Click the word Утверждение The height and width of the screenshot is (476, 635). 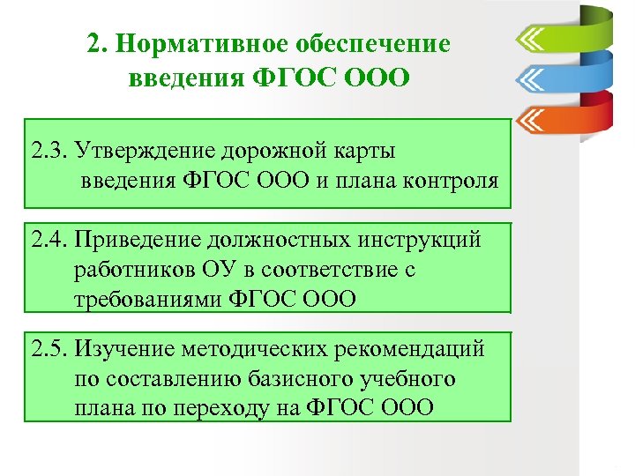coord(146,151)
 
